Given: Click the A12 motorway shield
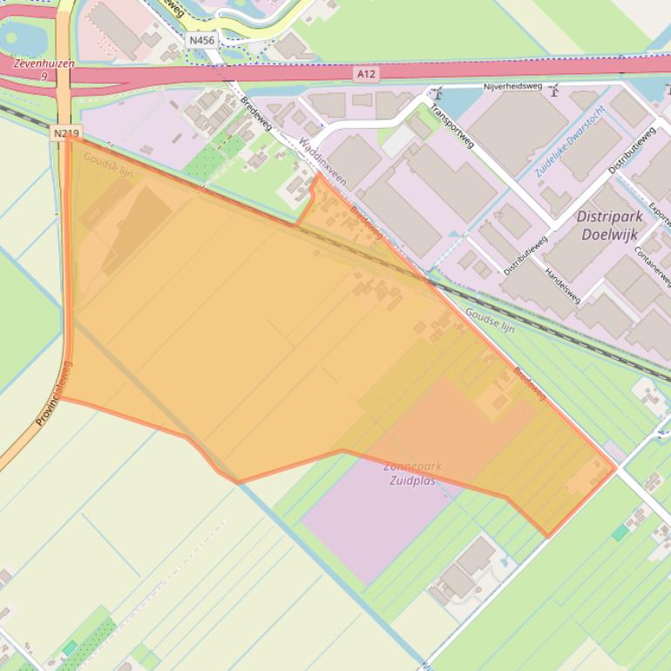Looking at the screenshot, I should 366,75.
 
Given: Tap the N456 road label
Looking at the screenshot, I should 201,40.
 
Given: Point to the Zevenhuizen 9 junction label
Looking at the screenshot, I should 43,70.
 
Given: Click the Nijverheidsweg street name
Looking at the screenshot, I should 512,87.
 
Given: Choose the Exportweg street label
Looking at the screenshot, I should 660,205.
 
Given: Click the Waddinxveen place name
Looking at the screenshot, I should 322,159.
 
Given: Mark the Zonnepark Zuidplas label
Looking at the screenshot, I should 412,473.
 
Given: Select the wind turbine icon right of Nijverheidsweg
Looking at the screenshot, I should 554,90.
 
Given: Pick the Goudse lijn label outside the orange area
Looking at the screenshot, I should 490,320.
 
